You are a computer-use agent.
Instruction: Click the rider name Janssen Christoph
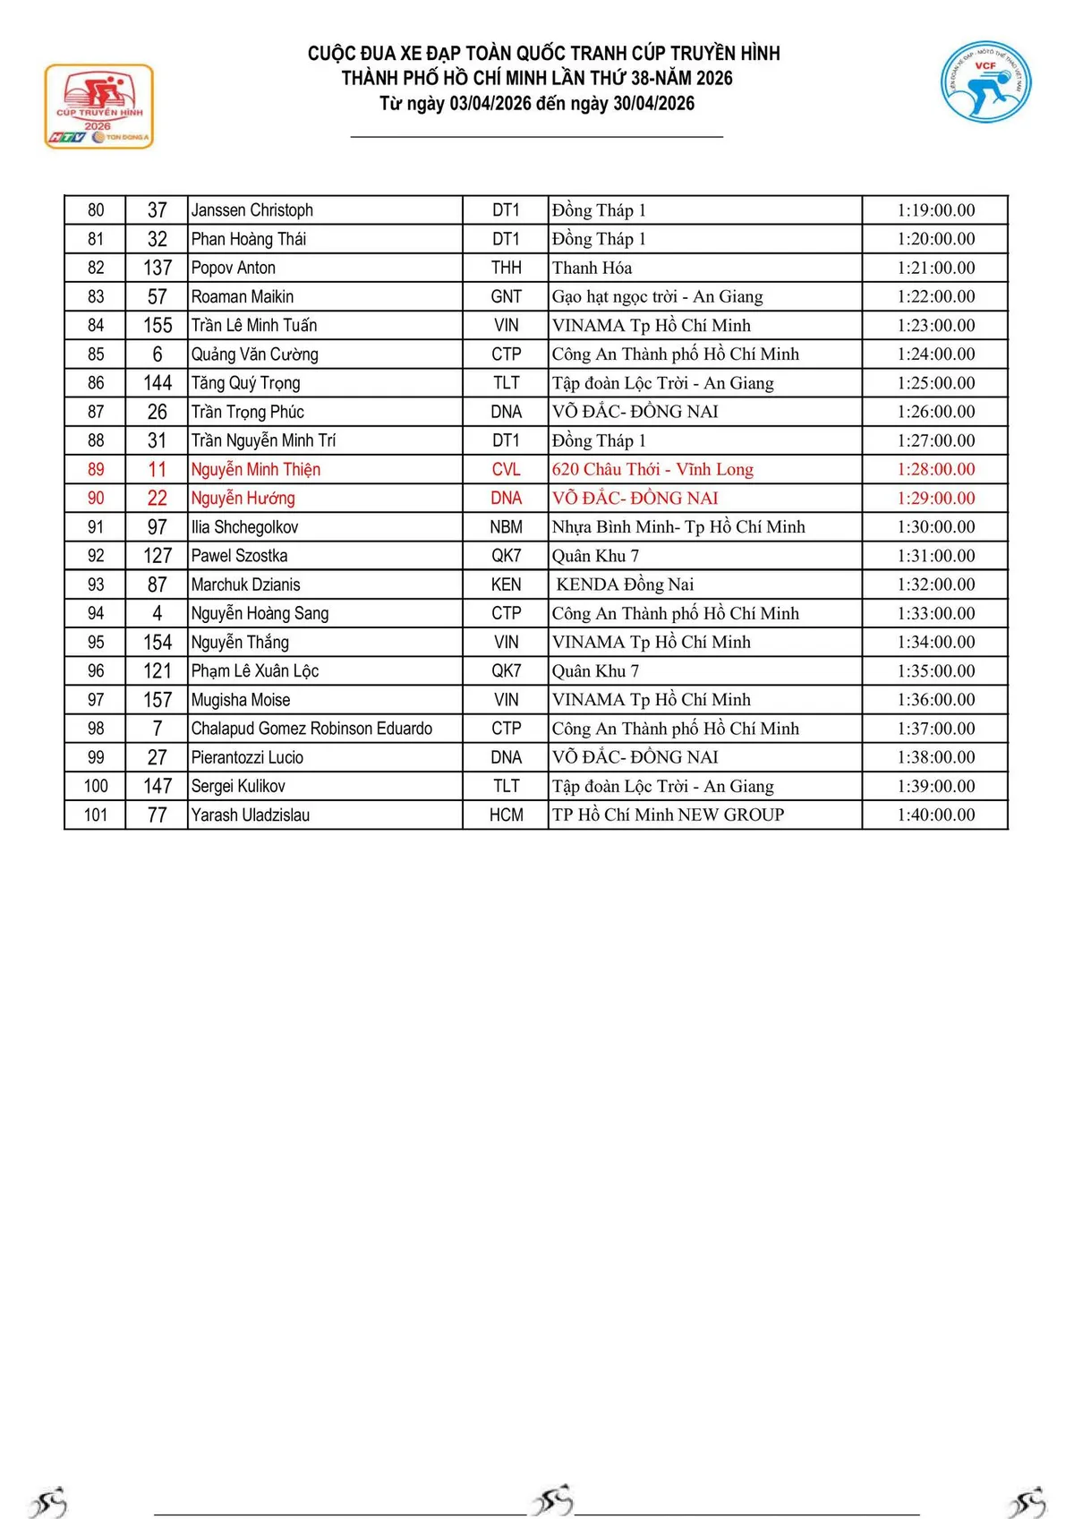pos(251,210)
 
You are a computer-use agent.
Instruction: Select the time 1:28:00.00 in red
pos(935,469)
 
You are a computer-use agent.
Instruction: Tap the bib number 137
pos(158,268)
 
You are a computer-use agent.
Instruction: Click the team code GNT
pos(506,296)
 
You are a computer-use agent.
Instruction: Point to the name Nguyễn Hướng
pos(243,498)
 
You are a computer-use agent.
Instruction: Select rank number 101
pos(96,815)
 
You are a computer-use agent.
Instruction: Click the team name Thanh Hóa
pos(592,268)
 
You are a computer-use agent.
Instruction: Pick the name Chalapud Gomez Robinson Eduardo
pos(311,729)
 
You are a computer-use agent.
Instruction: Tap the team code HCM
pos(506,815)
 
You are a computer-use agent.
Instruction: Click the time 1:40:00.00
pos(935,815)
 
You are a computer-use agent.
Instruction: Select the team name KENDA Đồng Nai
pos(625,585)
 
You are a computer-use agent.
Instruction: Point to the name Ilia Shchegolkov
pos(244,527)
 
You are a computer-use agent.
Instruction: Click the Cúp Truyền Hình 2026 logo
pos(99,106)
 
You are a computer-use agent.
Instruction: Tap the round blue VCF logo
pos(985,81)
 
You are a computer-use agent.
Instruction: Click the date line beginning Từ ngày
pos(537,103)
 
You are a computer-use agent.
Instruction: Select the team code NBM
pos(506,527)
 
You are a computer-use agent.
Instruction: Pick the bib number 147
pos(158,786)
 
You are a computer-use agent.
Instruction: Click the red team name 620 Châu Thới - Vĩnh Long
pos(652,469)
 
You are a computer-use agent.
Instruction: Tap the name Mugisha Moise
pos(240,700)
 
